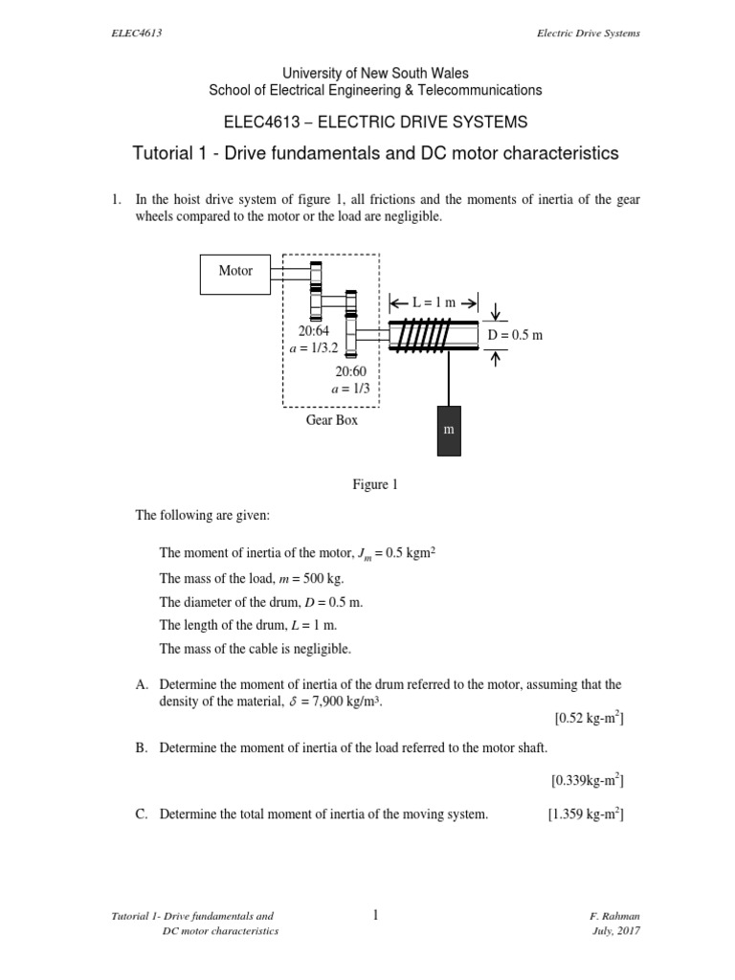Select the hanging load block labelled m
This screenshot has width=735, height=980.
click(447, 431)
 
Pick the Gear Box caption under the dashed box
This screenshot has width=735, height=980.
click(332, 420)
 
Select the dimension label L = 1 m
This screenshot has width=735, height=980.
click(433, 302)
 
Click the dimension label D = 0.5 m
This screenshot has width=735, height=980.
click(515, 335)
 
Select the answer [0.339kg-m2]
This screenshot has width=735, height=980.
click(588, 781)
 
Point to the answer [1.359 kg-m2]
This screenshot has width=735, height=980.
click(586, 814)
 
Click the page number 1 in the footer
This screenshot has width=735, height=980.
click(376, 916)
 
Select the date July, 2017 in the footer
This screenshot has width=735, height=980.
click(617, 931)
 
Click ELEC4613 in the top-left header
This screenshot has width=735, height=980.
click(135, 33)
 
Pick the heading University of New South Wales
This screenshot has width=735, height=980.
click(375, 73)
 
